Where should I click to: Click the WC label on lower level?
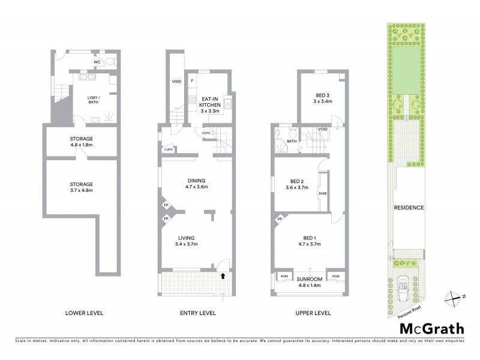click(x=97, y=62)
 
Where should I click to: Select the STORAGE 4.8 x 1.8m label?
click(x=81, y=142)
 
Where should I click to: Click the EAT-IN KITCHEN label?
click(x=211, y=104)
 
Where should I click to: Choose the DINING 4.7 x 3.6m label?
click(x=196, y=184)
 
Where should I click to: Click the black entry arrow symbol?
click(x=223, y=277)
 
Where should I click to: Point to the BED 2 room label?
click(x=299, y=184)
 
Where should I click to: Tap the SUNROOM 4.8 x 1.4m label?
click(x=310, y=282)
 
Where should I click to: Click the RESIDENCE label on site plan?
click(x=409, y=208)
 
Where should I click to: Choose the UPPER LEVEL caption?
click(x=310, y=313)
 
